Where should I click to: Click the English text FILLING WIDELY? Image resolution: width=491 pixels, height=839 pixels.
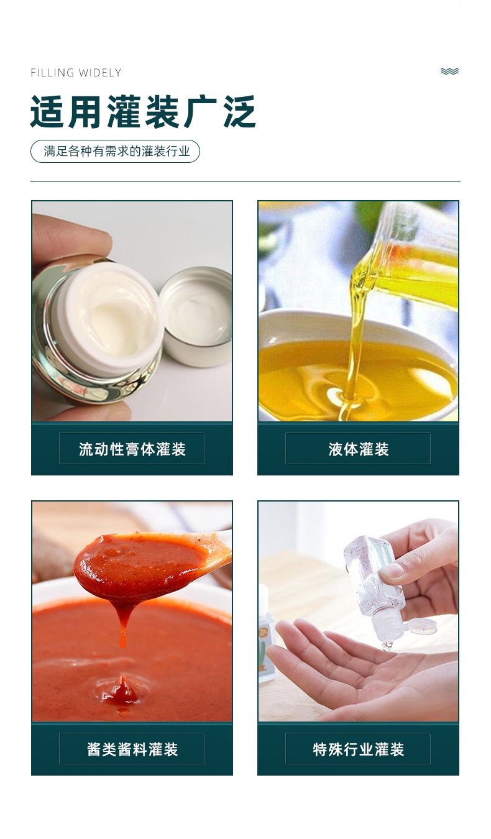tap(76, 72)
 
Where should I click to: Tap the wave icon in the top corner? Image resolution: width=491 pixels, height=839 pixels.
tap(449, 71)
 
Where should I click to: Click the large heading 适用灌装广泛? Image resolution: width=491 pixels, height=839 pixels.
tap(143, 112)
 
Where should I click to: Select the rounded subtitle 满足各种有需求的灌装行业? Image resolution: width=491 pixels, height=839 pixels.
tap(116, 151)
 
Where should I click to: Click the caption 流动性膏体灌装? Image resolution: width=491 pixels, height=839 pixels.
tap(132, 449)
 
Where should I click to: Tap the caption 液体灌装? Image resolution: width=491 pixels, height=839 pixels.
tap(359, 449)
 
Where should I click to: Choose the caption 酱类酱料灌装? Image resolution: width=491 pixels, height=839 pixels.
tap(132, 750)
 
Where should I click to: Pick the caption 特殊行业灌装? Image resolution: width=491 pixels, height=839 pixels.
tap(359, 750)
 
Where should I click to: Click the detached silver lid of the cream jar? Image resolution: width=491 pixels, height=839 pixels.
tap(196, 316)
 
